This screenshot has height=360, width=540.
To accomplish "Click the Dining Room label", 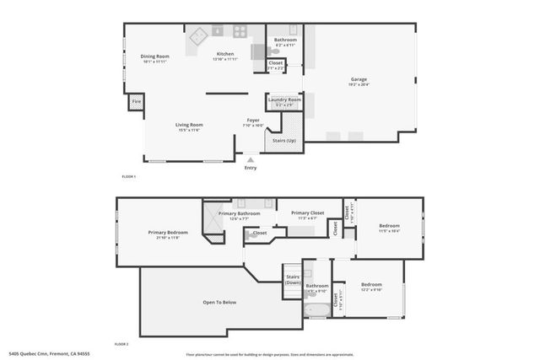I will click(x=155, y=56).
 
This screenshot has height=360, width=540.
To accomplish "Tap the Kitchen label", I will click(x=224, y=54).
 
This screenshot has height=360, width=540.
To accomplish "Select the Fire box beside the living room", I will click(x=136, y=103).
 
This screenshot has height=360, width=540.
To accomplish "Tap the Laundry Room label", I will click(x=284, y=100).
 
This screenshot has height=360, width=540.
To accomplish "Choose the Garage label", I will click(x=359, y=80).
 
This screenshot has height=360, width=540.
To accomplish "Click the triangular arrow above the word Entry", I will click(x=251, y=159).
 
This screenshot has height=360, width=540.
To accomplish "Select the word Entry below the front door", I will click(x=251, y=168).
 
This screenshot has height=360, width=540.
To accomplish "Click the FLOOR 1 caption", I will click(x=129, y=176).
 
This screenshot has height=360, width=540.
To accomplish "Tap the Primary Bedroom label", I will click(x=168, y=232).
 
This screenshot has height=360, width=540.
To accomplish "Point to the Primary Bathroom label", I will click(x=240, y=213).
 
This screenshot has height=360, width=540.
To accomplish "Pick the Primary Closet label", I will click(x=308, y=213).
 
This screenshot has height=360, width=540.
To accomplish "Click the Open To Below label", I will click(x=219, y=301).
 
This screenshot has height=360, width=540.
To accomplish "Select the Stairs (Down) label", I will click(x=294, y=279).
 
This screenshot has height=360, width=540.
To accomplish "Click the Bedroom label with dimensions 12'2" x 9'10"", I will click(x=372, y=285).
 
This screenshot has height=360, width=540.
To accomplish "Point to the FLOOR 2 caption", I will click(x=122, y=345).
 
